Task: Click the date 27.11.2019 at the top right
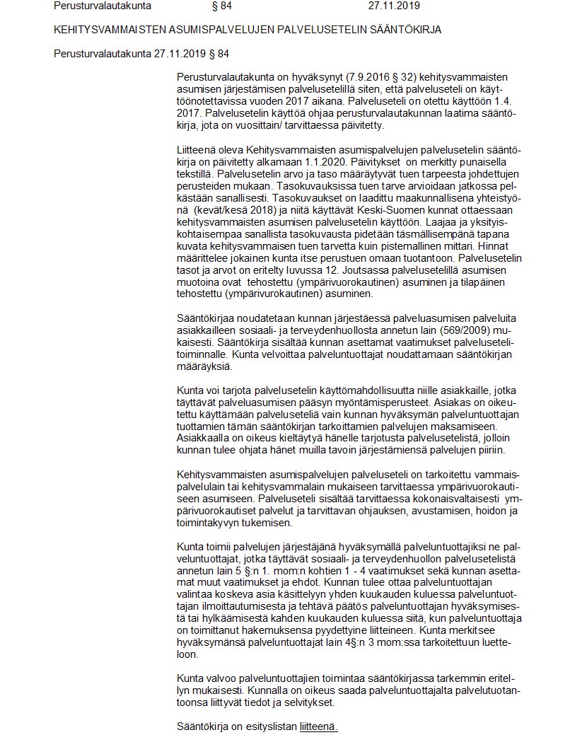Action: [x=394, y=6]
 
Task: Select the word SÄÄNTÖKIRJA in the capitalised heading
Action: [x=412, y=30]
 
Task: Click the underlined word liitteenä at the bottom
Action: [x=318, y=726]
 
